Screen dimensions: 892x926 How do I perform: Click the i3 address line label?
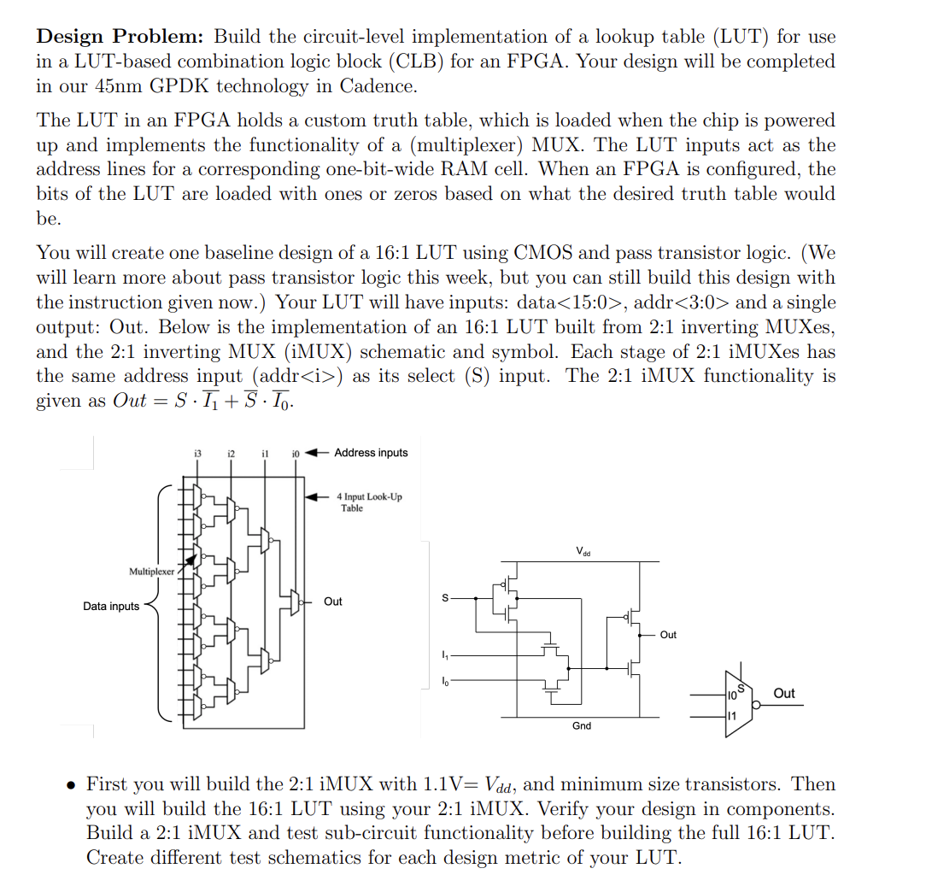click(197, 453)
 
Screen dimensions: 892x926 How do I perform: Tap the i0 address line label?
click(296, 453)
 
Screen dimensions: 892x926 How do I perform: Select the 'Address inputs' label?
click(371, 453)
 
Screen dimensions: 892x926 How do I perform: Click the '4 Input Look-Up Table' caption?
click(369, 502)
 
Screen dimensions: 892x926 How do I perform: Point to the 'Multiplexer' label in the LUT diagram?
click(151, 571)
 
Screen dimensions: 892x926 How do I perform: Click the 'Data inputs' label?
click(111, 607)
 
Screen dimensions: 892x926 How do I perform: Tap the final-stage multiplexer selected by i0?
click(296, 602)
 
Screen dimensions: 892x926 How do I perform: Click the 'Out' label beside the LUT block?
click(333, 602)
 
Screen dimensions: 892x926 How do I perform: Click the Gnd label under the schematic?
click(581, 726)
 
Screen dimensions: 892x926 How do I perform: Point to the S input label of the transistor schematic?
click(443, 598)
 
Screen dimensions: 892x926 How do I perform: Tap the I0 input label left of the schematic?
click(442, 681)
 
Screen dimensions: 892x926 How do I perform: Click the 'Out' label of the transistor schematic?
click(668, 635)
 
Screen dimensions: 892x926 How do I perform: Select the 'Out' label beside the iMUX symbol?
click(783, 693)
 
